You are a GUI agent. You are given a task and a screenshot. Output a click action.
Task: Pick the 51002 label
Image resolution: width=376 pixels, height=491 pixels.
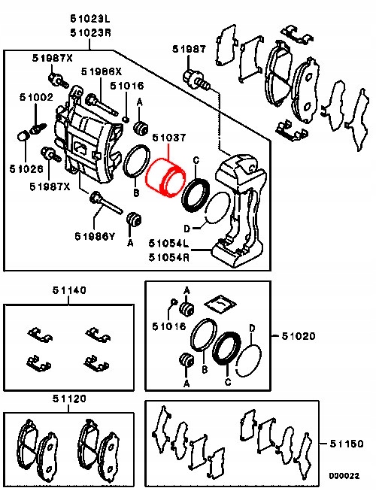pyautogui.click(x=36, y=97)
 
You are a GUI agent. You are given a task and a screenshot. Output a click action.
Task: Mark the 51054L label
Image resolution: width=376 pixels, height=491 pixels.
pyautogui.click(x=168, y=243)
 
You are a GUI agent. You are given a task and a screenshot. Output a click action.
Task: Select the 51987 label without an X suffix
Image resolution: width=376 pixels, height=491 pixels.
pyautogui.click(x=188, y=50)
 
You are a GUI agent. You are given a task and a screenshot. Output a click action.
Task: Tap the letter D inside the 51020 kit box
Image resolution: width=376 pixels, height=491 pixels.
pyautogui.click(x=253, y=328)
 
